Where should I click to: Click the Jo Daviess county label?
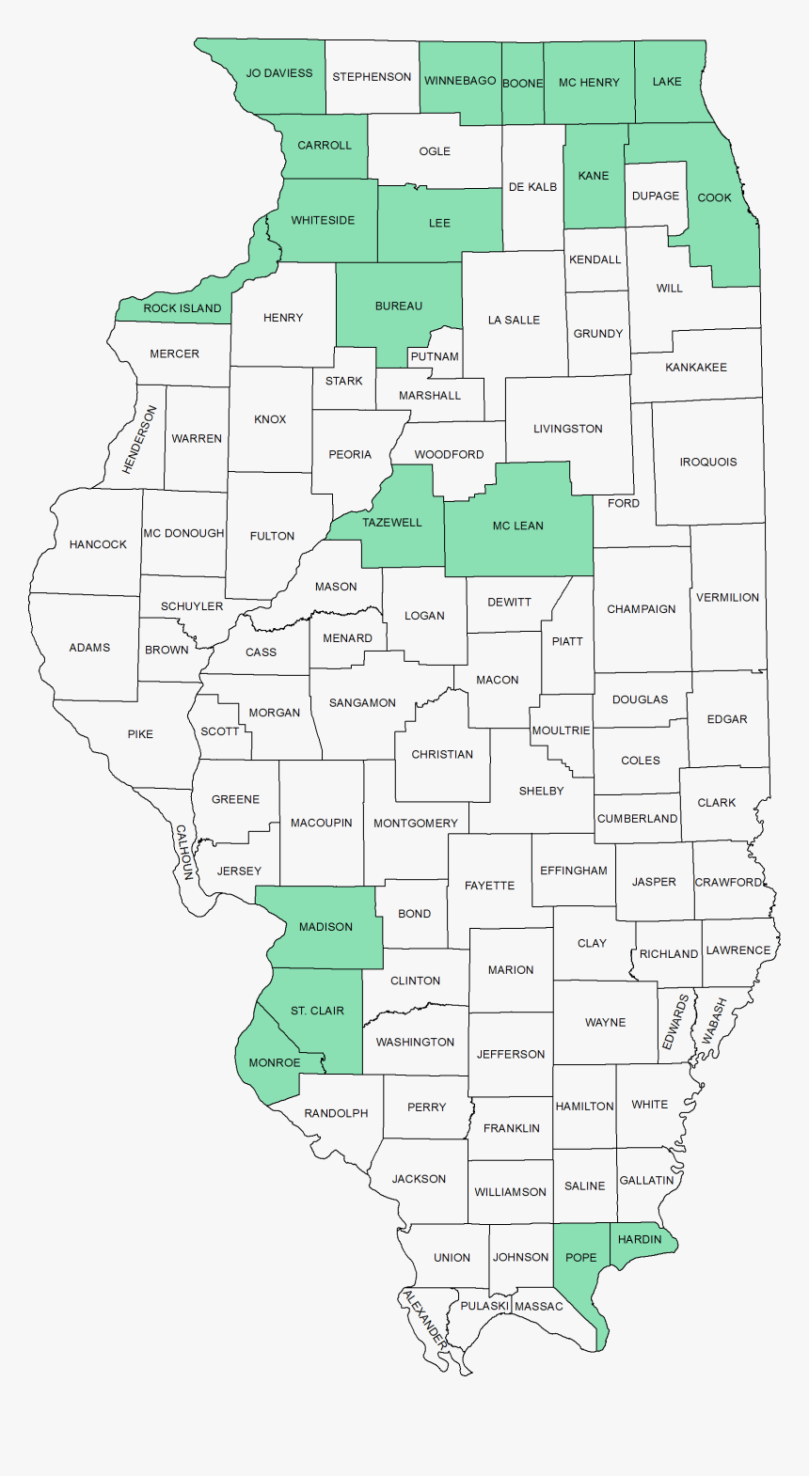click(x=279, y=73)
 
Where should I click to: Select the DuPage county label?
click(x=656, y=196)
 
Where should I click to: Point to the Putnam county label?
click(x=435, y=357)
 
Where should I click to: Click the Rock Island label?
click(x=182, y=308)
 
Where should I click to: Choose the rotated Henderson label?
click(x=140, y=439)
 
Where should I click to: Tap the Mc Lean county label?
click(x=518, y=526)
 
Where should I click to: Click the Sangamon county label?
click(x=362, y=703)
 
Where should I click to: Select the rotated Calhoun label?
click(x=184, y=852)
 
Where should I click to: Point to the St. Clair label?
click(x=317, y=1011)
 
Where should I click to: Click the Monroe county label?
click(x=275, y=1063)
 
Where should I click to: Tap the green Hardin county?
click(x=642, y=1239)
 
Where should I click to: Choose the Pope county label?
click(x=581, y=1258)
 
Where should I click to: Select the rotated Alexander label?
click(x=424, y=1321)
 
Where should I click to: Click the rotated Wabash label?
click(x=715, y=1021)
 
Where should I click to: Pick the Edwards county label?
click(x=675, y=1022)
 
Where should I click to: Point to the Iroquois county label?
click(x=708, y=463)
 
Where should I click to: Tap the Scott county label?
click(x=219, y=731)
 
